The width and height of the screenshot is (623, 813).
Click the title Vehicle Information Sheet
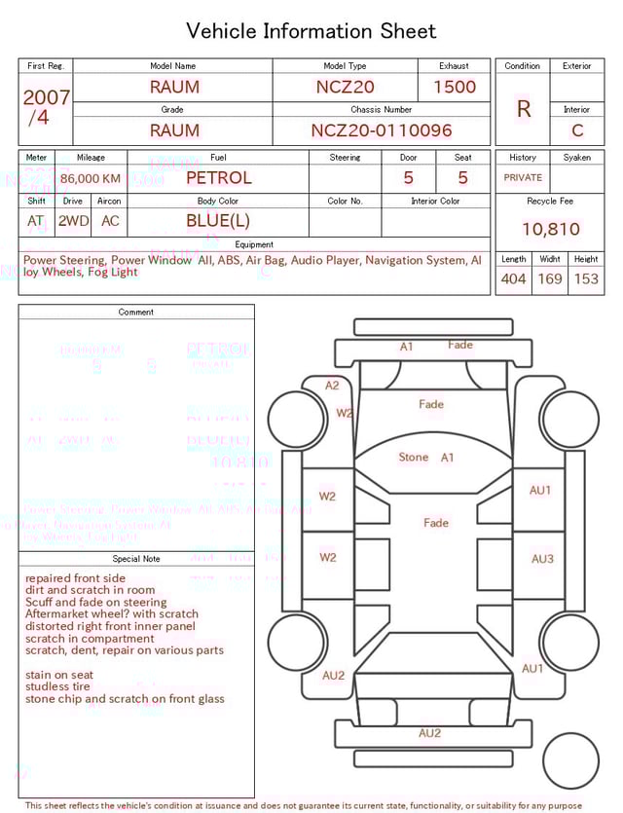311,31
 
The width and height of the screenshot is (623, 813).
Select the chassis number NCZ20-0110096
382,130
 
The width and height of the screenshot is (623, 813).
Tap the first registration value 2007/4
46,107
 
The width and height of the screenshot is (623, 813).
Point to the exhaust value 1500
455,87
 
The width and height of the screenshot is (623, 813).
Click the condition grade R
523,109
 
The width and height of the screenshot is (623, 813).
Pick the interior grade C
577,130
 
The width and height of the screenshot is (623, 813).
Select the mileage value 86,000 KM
91,179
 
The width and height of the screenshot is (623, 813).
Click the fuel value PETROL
218,178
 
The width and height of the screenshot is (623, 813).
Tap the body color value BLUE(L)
218,221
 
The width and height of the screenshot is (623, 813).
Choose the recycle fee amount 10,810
550,230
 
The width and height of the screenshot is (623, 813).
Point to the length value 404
513,279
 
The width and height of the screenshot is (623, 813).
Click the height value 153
586,279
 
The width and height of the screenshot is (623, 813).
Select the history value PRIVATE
523,178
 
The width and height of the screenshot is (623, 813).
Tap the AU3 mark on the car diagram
542,559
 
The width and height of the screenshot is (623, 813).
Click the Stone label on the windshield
414,458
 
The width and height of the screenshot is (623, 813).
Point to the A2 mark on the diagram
332,386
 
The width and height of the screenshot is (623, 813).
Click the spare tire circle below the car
570,760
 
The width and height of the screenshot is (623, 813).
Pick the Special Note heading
136,559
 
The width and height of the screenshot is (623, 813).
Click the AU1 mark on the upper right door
540,491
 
